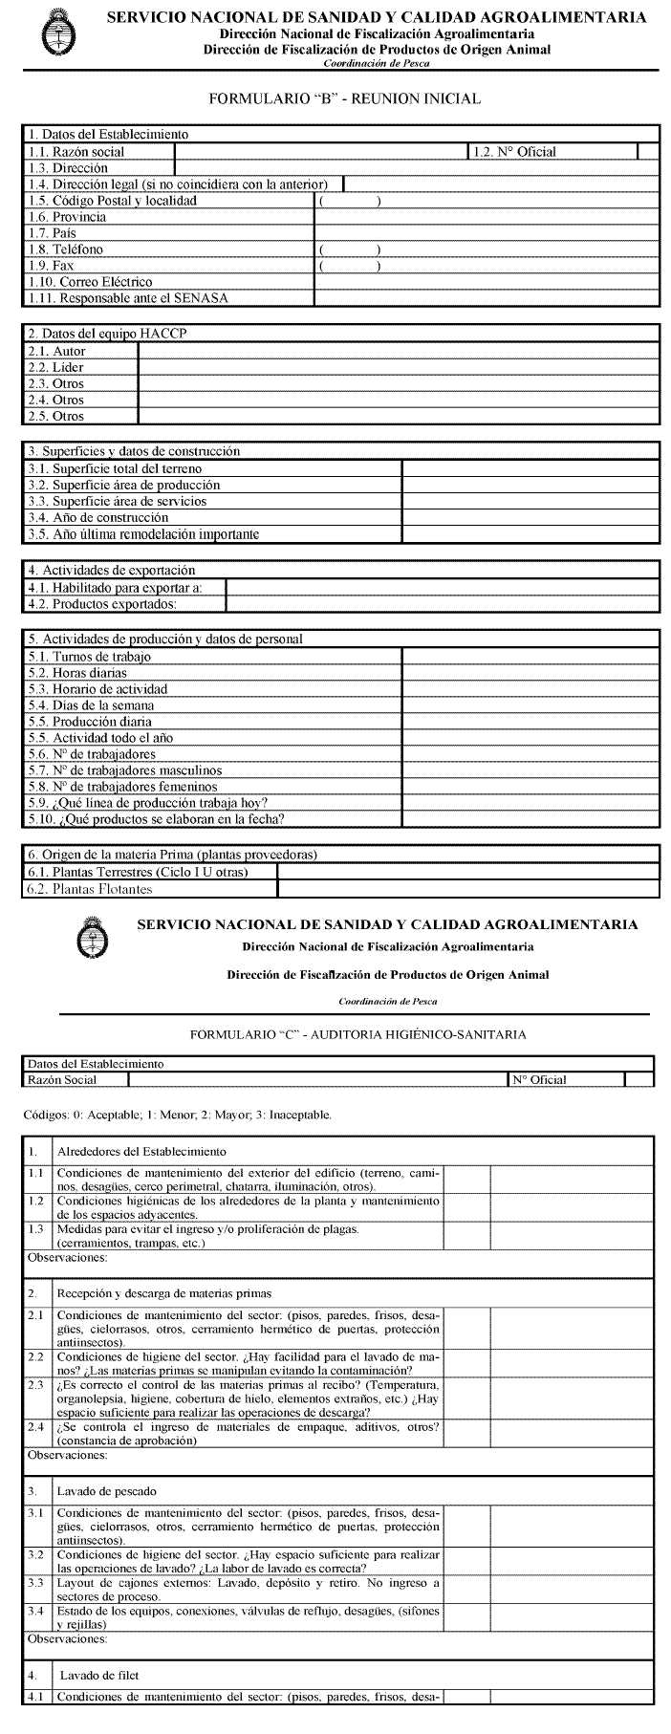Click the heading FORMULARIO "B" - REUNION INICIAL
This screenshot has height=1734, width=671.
pos(343,98)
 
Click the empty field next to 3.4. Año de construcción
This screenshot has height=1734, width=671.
pos(530,518)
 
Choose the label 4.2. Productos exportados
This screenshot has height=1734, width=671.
pos(116,603)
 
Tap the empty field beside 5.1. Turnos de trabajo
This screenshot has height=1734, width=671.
pos(530,657)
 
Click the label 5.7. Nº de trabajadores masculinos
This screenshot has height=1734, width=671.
pos(137,770)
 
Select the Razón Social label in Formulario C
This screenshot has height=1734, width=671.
pos(62,1080)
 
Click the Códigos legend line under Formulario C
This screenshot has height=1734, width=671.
pos(177,1115)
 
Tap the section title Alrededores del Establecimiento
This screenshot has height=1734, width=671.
pos(141,1151)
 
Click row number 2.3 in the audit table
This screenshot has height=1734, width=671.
pos(36,1384)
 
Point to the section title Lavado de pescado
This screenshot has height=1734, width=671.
pos(106,1491)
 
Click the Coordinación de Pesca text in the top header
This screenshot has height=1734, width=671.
pos(377,63)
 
